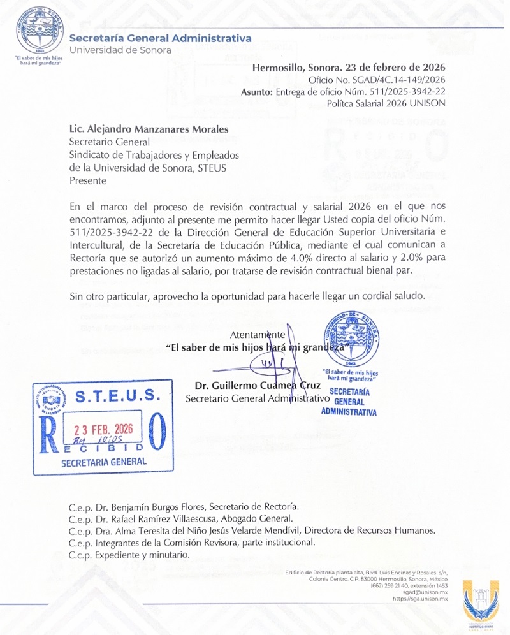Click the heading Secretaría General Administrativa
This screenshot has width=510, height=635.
pyautogui.click(x=160, y=38)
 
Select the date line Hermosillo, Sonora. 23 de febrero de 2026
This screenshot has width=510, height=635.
pyautogui.click(x=349, y=68)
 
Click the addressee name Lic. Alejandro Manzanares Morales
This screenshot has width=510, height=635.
pyautogui.click(x=149, y=130)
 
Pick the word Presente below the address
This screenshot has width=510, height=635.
pyautogui.click(x=88, y=180)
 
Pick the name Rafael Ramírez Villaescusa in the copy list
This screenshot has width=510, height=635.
pyautogui.click(x=168, y=519)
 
